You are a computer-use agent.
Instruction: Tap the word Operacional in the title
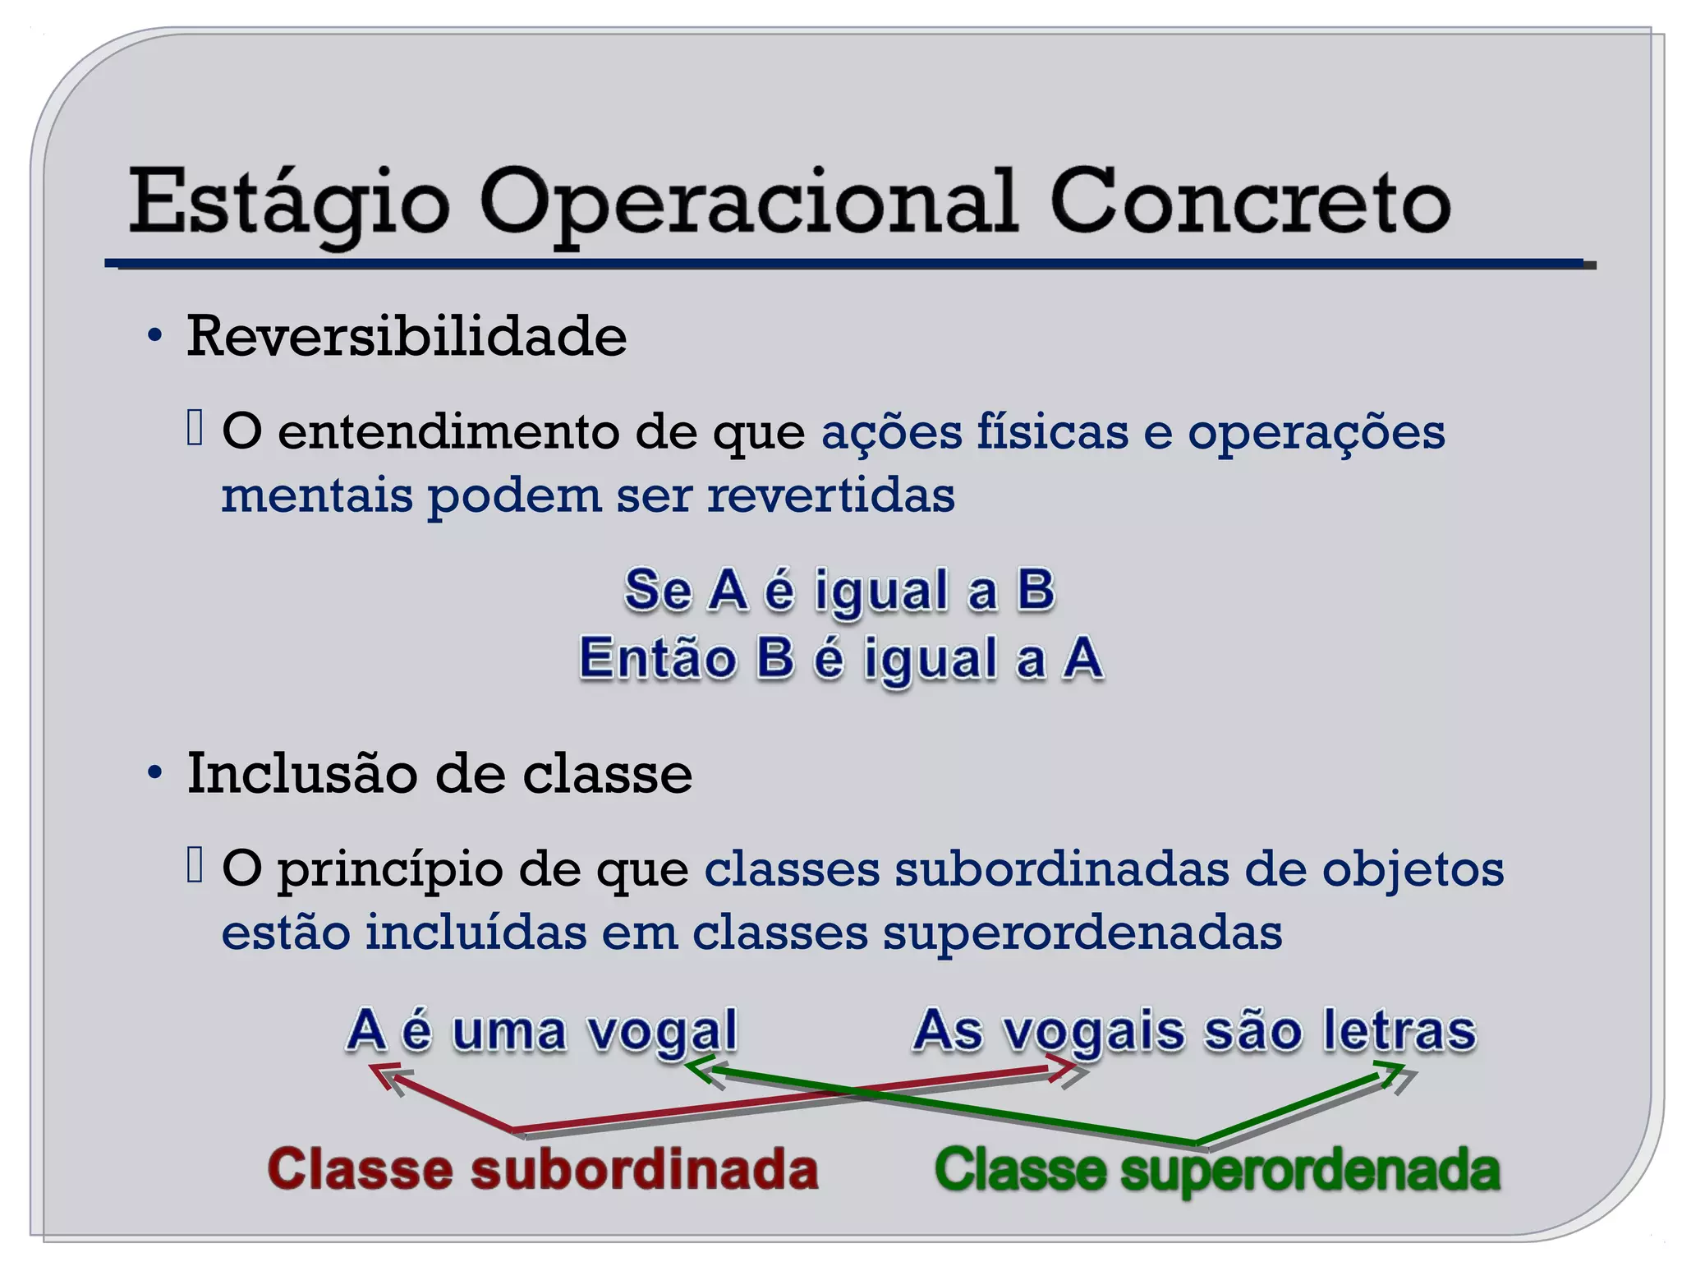click(748, 202)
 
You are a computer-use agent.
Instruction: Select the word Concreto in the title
click(1250, 202)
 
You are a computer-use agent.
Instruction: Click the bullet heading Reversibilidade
click(407, 336)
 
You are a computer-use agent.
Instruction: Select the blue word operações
click(1316, 433)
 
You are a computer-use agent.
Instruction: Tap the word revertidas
click(830, 495)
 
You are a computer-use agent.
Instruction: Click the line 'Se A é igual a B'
click(839, 590)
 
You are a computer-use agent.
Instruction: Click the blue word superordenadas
click(1082, 933)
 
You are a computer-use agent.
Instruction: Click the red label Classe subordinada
click(543, 1169)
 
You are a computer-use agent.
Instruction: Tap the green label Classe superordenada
click(1217, 1169)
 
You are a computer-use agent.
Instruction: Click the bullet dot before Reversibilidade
click(154, 336)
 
